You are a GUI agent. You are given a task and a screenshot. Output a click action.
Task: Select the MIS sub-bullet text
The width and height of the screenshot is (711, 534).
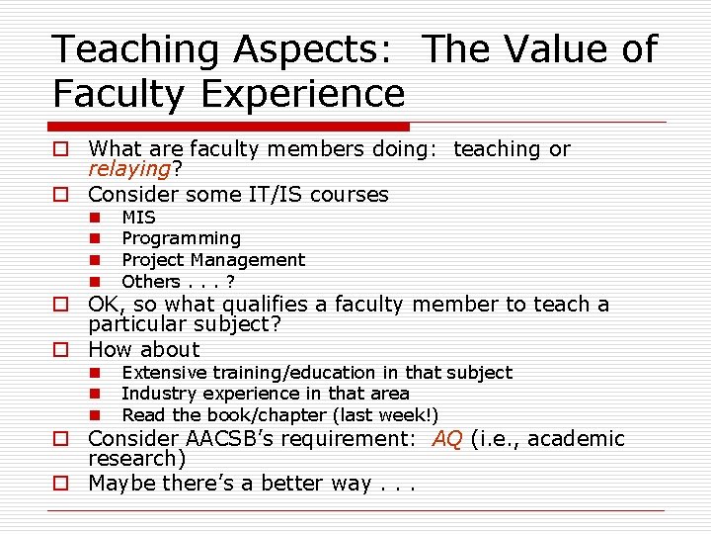coord(138,217)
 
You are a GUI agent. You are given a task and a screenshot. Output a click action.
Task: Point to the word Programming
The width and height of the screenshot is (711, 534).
coord(181,238)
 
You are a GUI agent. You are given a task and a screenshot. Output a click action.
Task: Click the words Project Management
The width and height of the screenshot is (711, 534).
coord(213,260)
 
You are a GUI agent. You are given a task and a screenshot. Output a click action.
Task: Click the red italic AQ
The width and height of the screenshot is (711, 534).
coord(447,438)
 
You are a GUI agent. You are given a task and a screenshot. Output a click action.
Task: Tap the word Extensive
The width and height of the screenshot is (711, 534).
coord(164,373)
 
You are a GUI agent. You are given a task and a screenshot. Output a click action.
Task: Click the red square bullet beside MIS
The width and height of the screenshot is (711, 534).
coord(97,217)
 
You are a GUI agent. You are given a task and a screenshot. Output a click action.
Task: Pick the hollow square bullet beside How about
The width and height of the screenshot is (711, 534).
coord(61,350)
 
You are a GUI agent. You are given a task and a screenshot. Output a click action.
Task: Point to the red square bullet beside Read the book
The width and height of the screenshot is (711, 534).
coord(97,415)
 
